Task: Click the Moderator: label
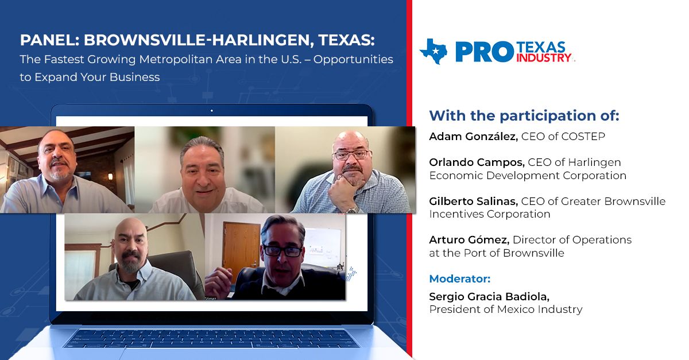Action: tap(460, 278)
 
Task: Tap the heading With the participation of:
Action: tap(524, 115)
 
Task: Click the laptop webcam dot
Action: tap(211, 110)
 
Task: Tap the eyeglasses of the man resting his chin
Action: tap(351, 154)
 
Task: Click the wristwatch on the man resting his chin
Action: tap(353, 208)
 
